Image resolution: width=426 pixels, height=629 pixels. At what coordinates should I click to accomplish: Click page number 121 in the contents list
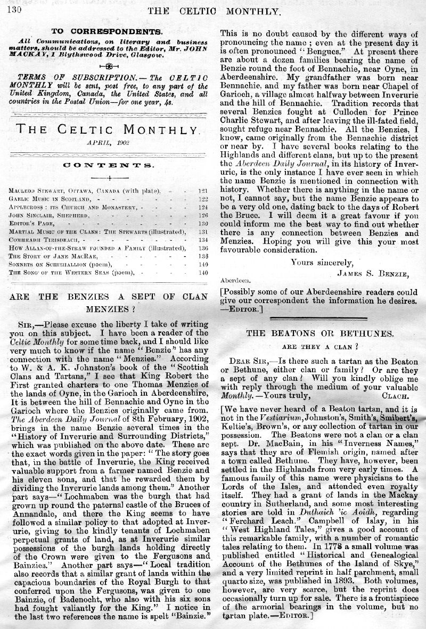tap(202, 190)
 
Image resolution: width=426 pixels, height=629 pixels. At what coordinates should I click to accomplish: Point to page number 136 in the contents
tap(202, 247)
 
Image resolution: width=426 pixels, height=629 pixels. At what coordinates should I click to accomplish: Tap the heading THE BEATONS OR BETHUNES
tap(320, 333)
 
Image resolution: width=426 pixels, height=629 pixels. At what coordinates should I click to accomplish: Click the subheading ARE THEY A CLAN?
tap(319, 345)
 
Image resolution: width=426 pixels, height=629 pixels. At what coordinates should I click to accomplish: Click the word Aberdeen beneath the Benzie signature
tap(233, 280)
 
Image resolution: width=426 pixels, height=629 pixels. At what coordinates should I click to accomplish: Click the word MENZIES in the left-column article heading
tap(106, 308)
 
